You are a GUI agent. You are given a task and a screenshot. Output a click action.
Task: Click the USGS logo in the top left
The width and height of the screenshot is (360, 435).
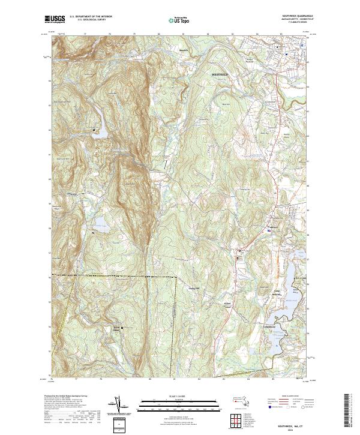pyautogui.click(x=56, y=19)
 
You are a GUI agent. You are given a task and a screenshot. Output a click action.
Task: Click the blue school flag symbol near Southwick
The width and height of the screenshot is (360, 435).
pyautogui.click(x=269, y=230)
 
